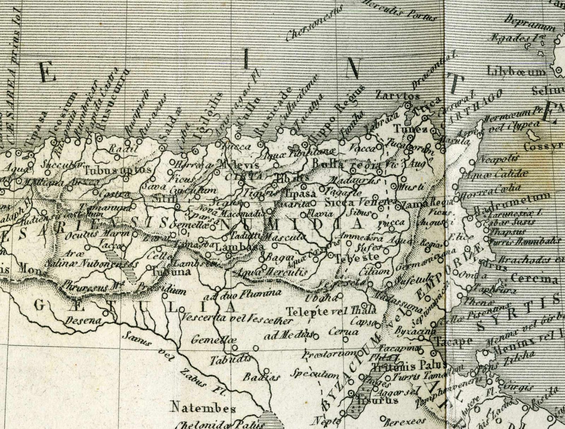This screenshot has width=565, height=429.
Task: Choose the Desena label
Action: click(83, 321)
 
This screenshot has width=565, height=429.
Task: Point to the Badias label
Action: click(256, 377)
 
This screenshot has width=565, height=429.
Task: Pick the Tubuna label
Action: click(171, 272)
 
